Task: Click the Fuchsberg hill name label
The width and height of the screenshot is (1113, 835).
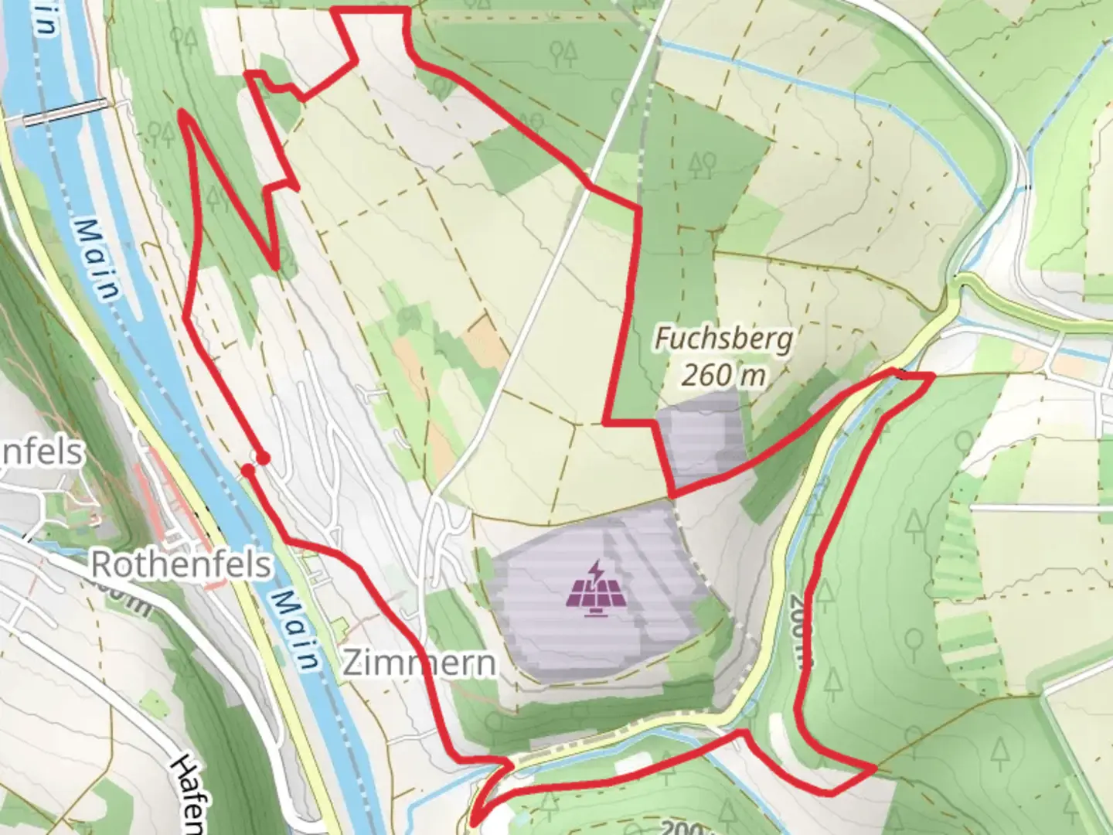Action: click(x=723, y=339)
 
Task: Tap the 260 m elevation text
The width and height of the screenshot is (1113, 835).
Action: click(x=723, y=375)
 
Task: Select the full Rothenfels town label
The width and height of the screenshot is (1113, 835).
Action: click(x=181, y=564)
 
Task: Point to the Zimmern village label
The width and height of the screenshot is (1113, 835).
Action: click(x=419, y=663)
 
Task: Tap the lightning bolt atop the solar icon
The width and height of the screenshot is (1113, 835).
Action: click(x=596, y=573)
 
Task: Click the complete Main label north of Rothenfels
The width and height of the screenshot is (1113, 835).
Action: click(x=99, y=259)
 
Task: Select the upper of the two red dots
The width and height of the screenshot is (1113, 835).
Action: click(x=263, y=458)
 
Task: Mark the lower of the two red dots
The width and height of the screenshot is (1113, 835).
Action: click(x=247, y=470)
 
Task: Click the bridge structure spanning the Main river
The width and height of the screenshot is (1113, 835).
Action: click(x=65, y=112)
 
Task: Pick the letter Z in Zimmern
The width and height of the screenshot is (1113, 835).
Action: click(x=353, y=663)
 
